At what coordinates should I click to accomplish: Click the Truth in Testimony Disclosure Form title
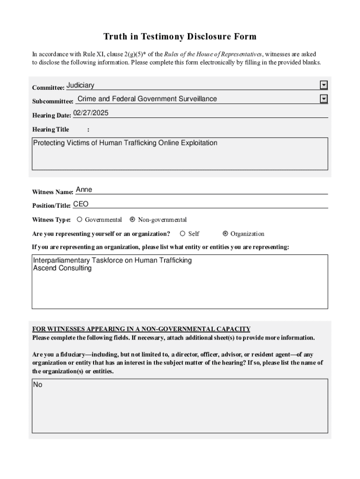[x=180, y=36]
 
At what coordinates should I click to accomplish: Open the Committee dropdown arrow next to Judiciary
[x=324, y=85]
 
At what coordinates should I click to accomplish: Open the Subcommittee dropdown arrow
[x=324, y=99]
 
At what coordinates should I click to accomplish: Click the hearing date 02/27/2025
[x=91, y=113]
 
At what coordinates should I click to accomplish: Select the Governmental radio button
[x=79, y=219]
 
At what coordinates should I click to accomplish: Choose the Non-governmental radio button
[x=132, y=219]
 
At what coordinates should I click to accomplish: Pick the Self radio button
[x=183, y=233]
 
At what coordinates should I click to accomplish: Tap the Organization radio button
[x=225, y=233]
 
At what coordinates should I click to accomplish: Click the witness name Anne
[x=84, y=189]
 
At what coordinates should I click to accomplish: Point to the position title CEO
[x=80, y=204]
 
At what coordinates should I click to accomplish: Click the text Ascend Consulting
[x=62, y=269]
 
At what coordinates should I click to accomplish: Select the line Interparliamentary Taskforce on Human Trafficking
[x=112, y=261]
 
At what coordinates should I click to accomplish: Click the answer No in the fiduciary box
[x=38, y=385]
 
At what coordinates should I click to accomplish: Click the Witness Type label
[x=51, y=220]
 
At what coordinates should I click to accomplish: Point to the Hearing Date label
[x=51, y=116]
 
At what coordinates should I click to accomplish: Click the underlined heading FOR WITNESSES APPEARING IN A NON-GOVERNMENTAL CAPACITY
[x=141, y=329]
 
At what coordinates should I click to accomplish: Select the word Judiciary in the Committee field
[x=80, y=85]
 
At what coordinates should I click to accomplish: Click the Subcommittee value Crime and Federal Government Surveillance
[x=147, y=99]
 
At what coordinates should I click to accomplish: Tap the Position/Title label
[x=51, y=206]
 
